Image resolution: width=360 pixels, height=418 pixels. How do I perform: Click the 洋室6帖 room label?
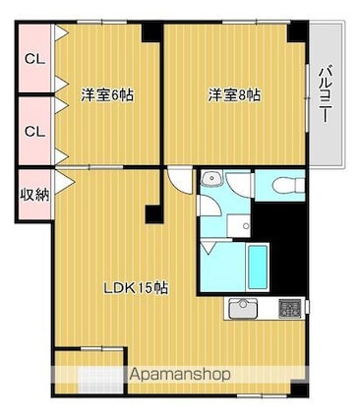(x=107, y=95)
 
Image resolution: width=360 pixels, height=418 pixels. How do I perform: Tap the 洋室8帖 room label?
(x=235, y=95)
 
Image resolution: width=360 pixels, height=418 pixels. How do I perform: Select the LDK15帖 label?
(x=136, y=288)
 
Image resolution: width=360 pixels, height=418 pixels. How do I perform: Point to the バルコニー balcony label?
(x=325, y=94)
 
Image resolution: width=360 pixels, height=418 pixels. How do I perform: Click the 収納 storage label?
(x=35, y=195)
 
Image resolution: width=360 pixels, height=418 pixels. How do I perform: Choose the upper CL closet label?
(x=35, y=60)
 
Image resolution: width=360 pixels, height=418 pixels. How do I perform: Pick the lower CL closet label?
(x=35, y=132)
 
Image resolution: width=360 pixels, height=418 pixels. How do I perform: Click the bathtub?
(x=258, y=268)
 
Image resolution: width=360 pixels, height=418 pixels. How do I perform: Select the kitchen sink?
(x=244, y=309)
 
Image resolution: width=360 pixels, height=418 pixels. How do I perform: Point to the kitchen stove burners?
(x=290, y=309)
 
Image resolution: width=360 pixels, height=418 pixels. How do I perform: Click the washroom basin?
(x=211, y=179)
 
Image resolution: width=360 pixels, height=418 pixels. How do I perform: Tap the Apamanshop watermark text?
(x=180, y=375)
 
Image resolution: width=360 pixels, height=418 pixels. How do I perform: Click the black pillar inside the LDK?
(x=154, y=214)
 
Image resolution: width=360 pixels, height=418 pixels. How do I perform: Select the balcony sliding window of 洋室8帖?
(x=308, y=97)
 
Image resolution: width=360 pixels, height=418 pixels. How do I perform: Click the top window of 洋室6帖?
(x=102, y=23)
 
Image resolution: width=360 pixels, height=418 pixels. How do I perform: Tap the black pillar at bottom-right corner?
(x=300, y=389)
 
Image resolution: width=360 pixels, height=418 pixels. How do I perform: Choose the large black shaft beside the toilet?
(x=279, y=246)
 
